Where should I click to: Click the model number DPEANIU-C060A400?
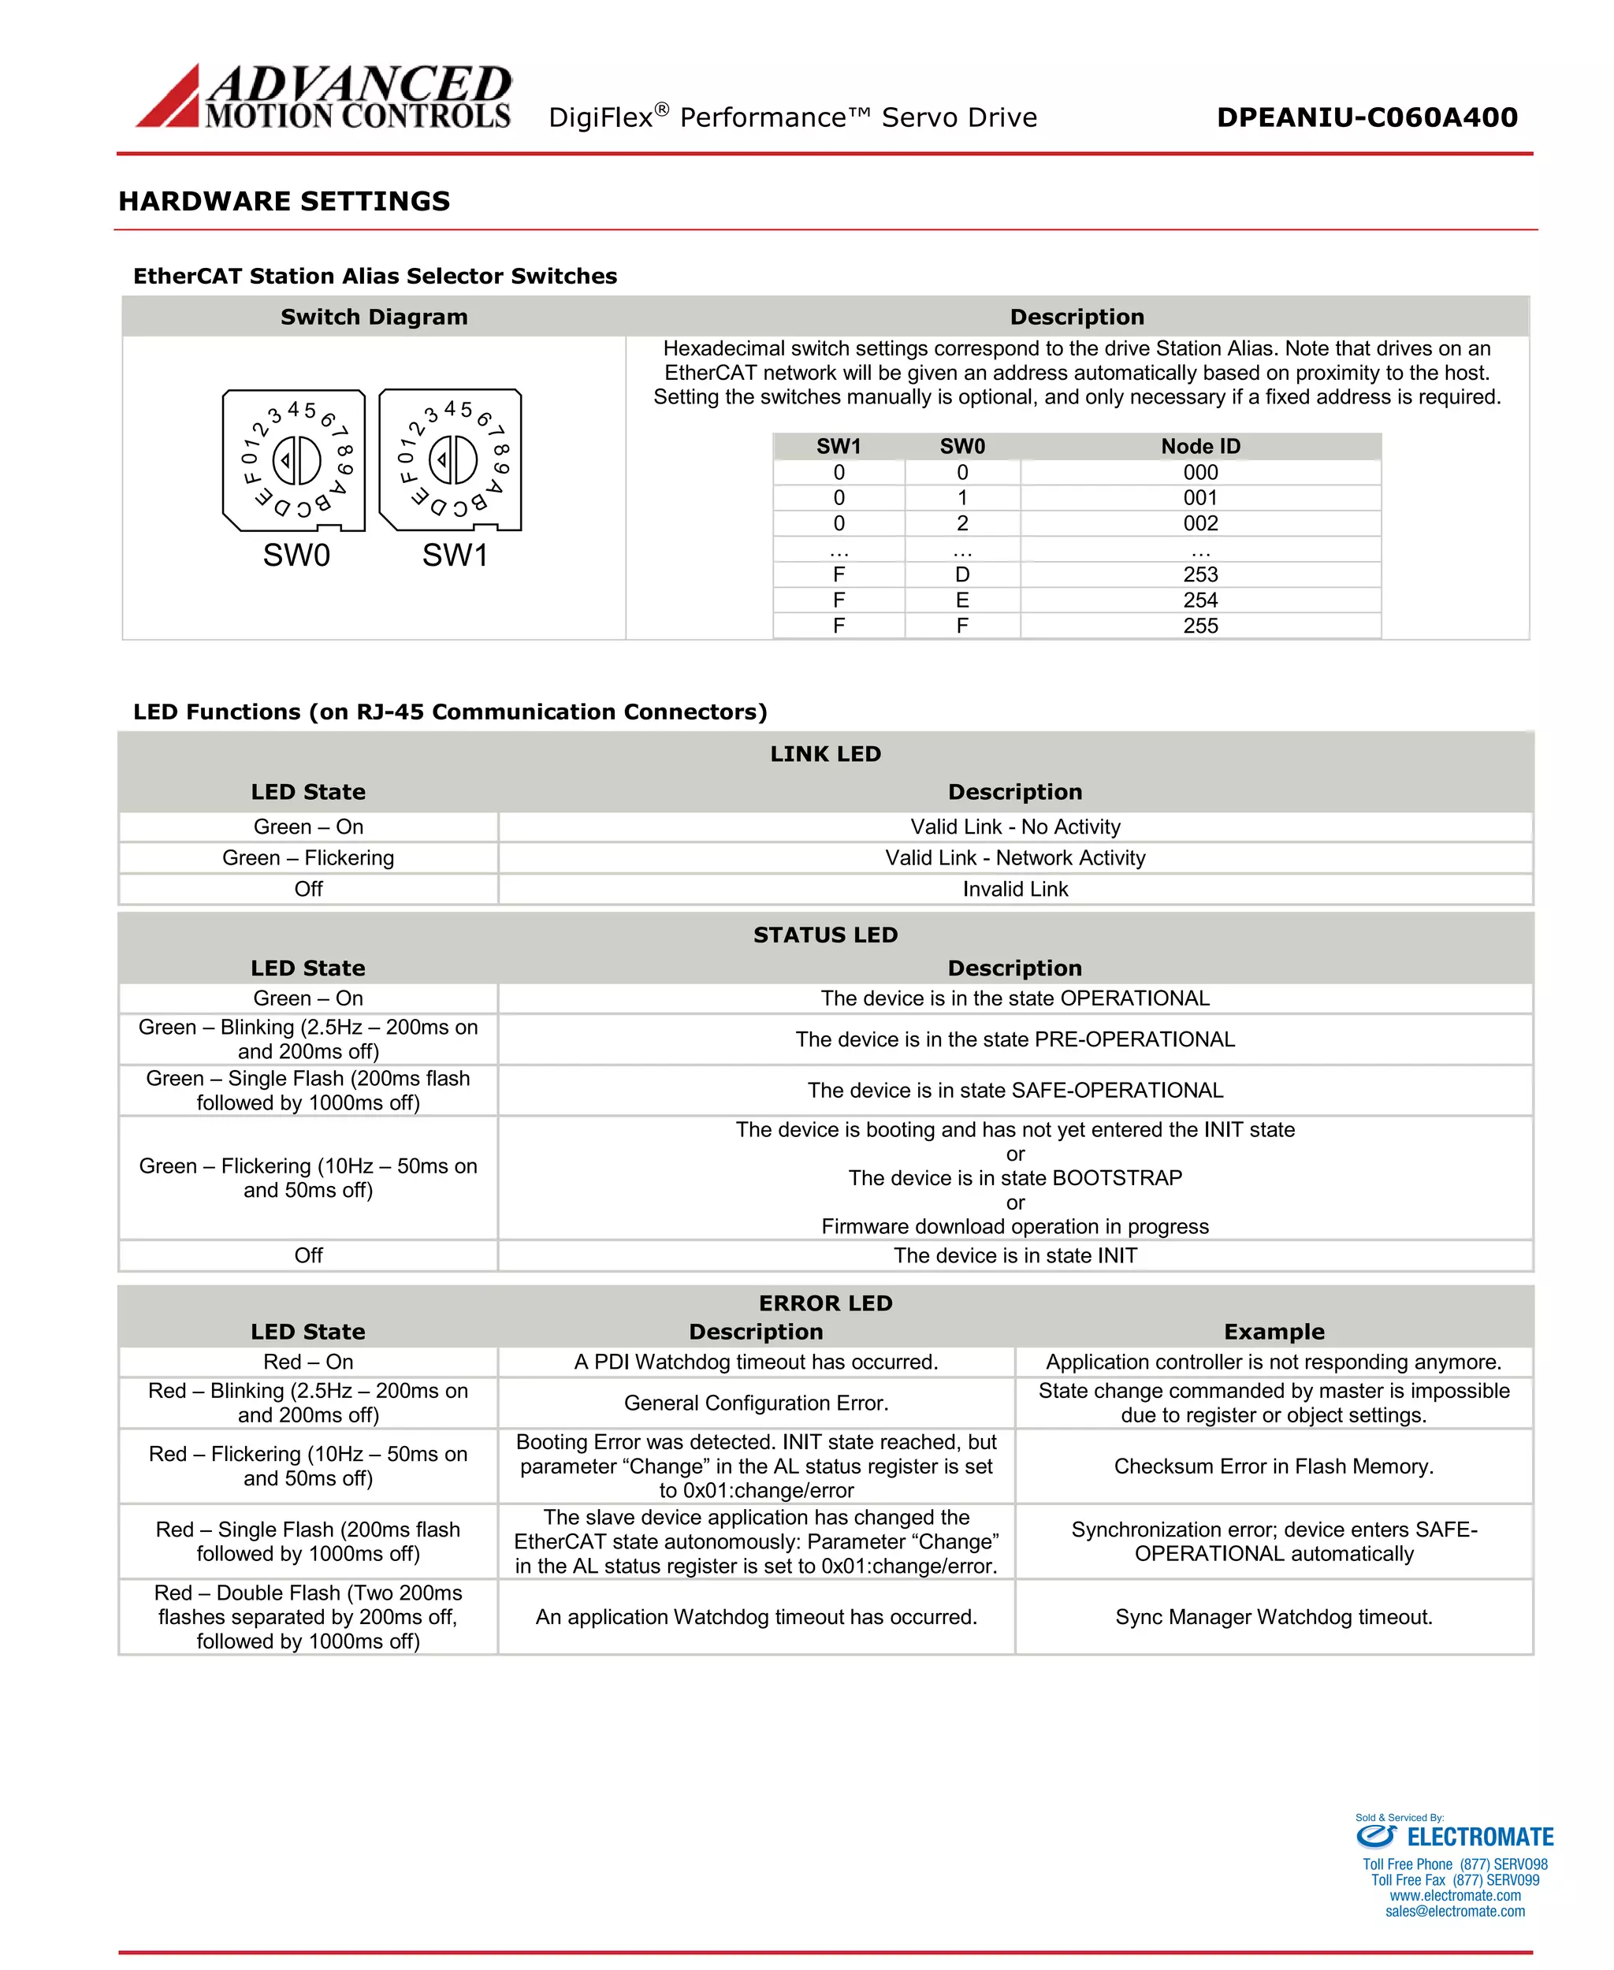[1367, 117]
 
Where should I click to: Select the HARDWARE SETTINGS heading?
[284, 201]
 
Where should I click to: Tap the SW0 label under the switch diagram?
[296, 555]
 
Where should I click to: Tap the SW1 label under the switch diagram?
[455, 555]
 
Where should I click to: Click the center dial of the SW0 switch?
[296, 459]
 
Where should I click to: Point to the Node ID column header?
[1200, 446]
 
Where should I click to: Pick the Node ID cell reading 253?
[1200, 574]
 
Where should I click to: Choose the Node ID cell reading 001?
[1200, 497]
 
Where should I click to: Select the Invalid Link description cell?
[1014, 889]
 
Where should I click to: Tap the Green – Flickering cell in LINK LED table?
[307, 857]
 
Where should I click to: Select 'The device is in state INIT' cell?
[1014, 1255]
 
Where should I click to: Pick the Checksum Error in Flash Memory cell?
[1273, 1466]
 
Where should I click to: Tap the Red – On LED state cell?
[307, 1361]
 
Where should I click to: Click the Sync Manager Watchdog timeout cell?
[1273, 1617]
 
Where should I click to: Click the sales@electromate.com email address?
[1454, 1912]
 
